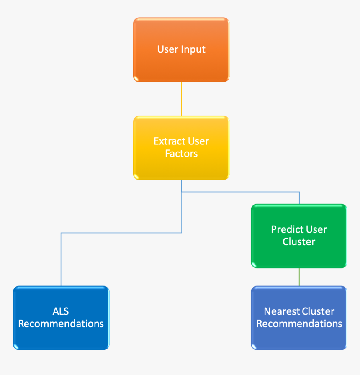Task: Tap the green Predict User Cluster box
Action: pos(299,255)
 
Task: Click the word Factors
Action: pos(181,154)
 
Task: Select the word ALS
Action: pos(61,311)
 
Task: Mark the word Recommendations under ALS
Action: pos(61,324)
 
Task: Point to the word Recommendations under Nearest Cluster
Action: pos(299,324)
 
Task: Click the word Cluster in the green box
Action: pos(299,241)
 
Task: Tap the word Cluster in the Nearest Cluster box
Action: pos(318,311)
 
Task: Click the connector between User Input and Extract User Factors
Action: pos(181,99)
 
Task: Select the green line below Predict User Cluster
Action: pos(299,277)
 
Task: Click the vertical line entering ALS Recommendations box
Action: pos(61,259)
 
